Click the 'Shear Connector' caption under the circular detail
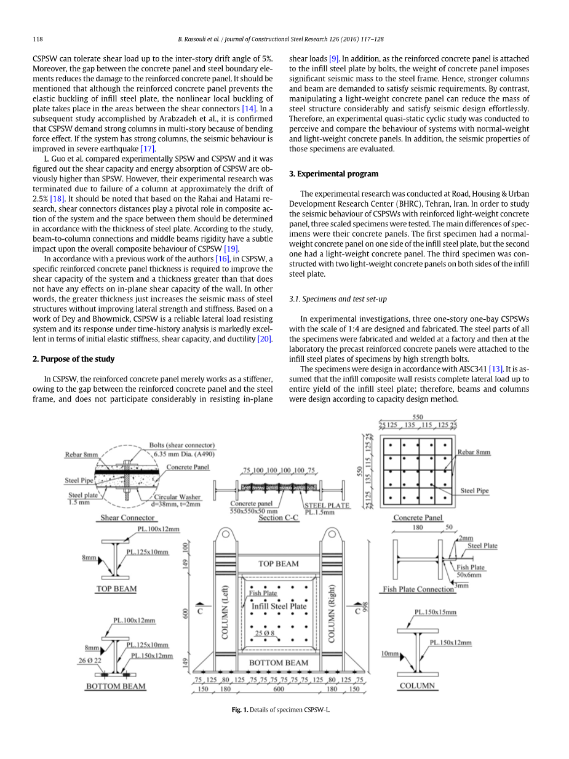127,518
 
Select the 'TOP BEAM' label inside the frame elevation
279,563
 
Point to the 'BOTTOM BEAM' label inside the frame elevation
279,662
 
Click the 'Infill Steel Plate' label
279,606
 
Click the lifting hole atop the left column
226,534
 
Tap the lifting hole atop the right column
332,534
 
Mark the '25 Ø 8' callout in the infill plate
265,633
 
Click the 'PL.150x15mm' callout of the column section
435,612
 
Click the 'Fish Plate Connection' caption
418,589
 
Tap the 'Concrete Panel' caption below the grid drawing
418,518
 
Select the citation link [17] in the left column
148,148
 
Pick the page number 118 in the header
38,39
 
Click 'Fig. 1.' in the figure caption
239,710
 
